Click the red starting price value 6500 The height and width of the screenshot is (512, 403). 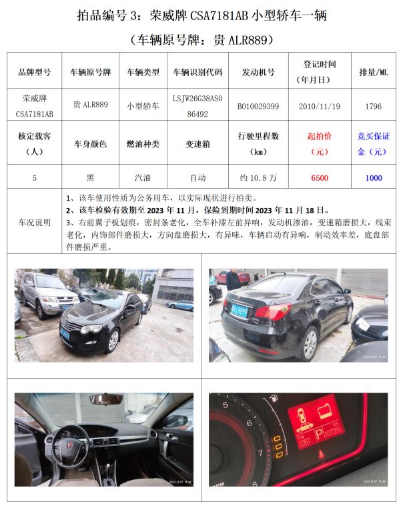tap(320, 178)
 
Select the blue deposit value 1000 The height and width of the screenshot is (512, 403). tap(374, 178)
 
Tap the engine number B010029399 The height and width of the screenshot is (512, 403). tap(258, 107)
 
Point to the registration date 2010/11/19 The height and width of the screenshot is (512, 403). tap(320, 107)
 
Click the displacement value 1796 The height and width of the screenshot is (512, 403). tap(374, 107)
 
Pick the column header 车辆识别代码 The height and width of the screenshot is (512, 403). tap(197, 72)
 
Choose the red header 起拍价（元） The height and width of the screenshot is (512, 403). tap(320, 144)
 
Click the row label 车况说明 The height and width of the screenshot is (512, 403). tap(34, 223)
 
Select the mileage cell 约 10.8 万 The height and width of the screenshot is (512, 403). tap(258, 178)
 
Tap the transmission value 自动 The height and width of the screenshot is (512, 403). tap(197, 178)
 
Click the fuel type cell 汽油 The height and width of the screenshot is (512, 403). tap(143, 178)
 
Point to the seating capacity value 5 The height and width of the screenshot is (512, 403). tap(34, 178)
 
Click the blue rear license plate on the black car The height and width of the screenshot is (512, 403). tap(240, 311)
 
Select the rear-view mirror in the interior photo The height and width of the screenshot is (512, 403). tap(106, 399)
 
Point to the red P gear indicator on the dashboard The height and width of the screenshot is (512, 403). tap(319, 434)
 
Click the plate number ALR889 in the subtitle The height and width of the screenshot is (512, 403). tap(248, 40)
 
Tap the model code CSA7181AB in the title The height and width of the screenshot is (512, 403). tap(220, 15)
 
